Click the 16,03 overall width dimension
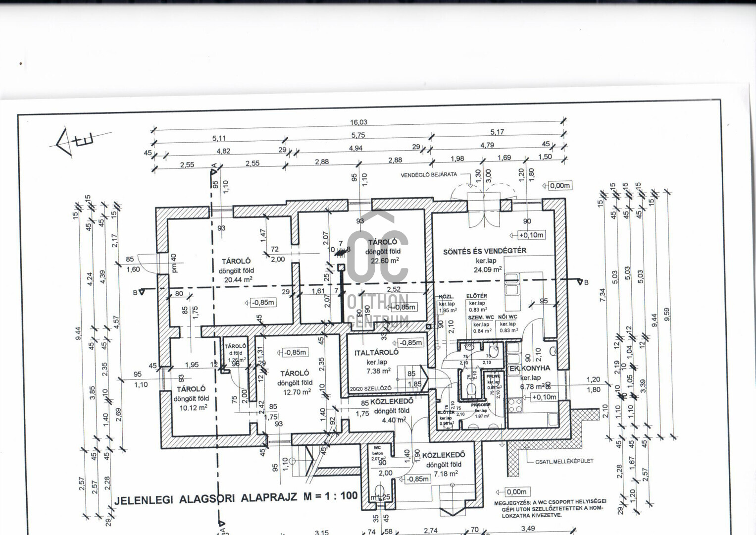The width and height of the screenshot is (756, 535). (358, 122)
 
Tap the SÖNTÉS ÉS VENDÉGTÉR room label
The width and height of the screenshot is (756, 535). (484, 251)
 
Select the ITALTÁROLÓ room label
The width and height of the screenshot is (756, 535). (376, 353)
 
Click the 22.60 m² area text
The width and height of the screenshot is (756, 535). (382, 261)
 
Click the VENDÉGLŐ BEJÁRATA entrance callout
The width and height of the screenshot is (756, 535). (429, 175)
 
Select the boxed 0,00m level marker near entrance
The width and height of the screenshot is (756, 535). (559, 186)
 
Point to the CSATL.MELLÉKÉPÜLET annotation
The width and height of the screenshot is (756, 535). (564, 461)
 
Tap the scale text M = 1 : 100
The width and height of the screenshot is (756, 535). (330, 496)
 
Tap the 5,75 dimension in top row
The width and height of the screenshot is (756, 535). (358, 135)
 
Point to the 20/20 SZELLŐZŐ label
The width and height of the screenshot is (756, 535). (370, 388)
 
